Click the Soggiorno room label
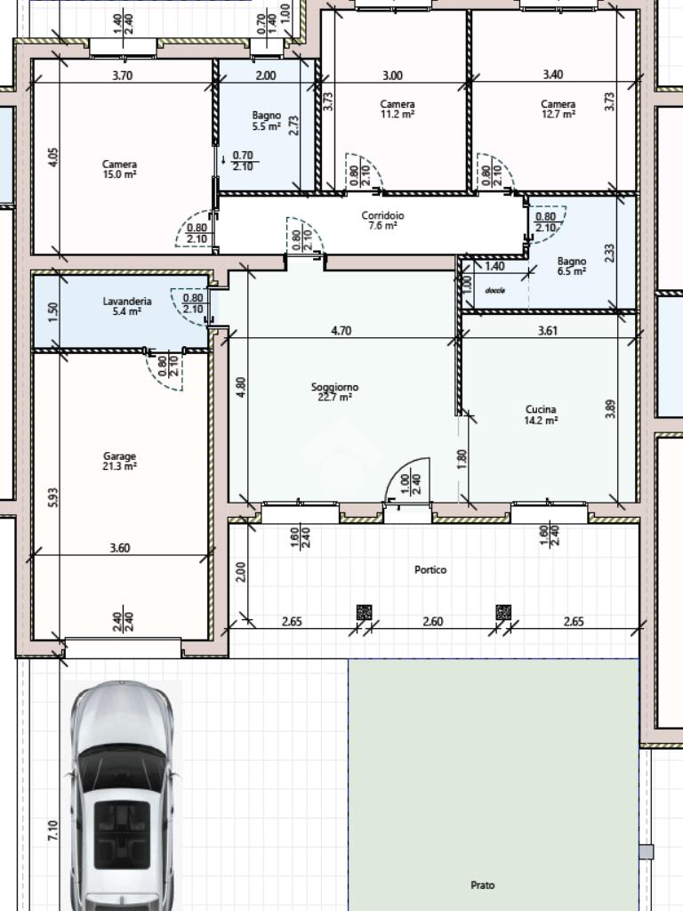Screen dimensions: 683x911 coord(334,392)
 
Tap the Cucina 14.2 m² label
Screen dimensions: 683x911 coord(541,415)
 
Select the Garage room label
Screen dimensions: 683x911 coord(120,462)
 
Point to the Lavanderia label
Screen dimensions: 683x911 coord(127,306)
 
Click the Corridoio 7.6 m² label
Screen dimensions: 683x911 coord(382,221)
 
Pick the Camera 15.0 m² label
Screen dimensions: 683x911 coord(120,169)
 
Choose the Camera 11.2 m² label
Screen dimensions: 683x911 coord(398,109)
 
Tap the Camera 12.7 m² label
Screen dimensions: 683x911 coord(558,109)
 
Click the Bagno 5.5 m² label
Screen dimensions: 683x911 coord(267,121)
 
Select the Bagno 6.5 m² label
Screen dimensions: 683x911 coord(572,266)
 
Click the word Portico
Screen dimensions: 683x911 coord(430,570)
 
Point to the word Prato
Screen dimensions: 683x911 coord(483,885)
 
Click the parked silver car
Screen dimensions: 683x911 coord(122,796)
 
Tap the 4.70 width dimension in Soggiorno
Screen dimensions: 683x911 coord(341,331)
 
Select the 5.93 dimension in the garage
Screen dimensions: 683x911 coord(52,497)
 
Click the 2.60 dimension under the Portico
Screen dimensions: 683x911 coord(433,622)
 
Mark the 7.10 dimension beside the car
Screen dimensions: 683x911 coord(52,830)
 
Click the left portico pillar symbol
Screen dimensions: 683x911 coord(364,612)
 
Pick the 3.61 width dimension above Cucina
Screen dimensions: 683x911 coord(548,331)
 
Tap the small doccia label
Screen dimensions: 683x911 coord(495,290)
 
